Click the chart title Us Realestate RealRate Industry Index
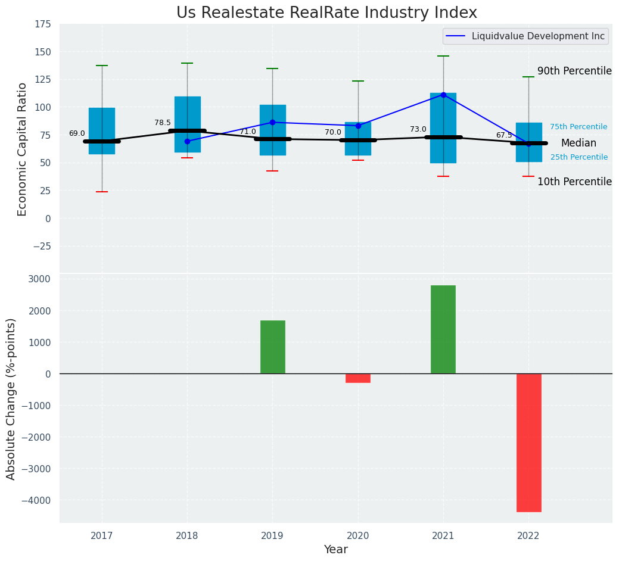click(x=326, y=13)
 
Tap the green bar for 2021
click(x=443, y=329)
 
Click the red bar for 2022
click(x=528, y=442)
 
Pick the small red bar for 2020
click(x=357, y=378)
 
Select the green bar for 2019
click(x=272, y=347)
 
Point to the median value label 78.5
click(x=163, y=123)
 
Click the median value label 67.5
click(x=504, y=135)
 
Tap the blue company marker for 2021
click(x=443, y=95)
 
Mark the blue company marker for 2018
click(x=187, y=141)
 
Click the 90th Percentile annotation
click(x=574, y=71)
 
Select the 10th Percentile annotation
click(x=574, y=182)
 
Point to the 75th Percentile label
click(x=578, y=127)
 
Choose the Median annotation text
click(x=578, y=143)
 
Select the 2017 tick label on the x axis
click(x=102, y=536)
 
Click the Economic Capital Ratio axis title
click(x=22, y=149)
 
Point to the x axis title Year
click(x=336, y=549)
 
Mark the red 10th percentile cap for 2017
click(x=102, y=192)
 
